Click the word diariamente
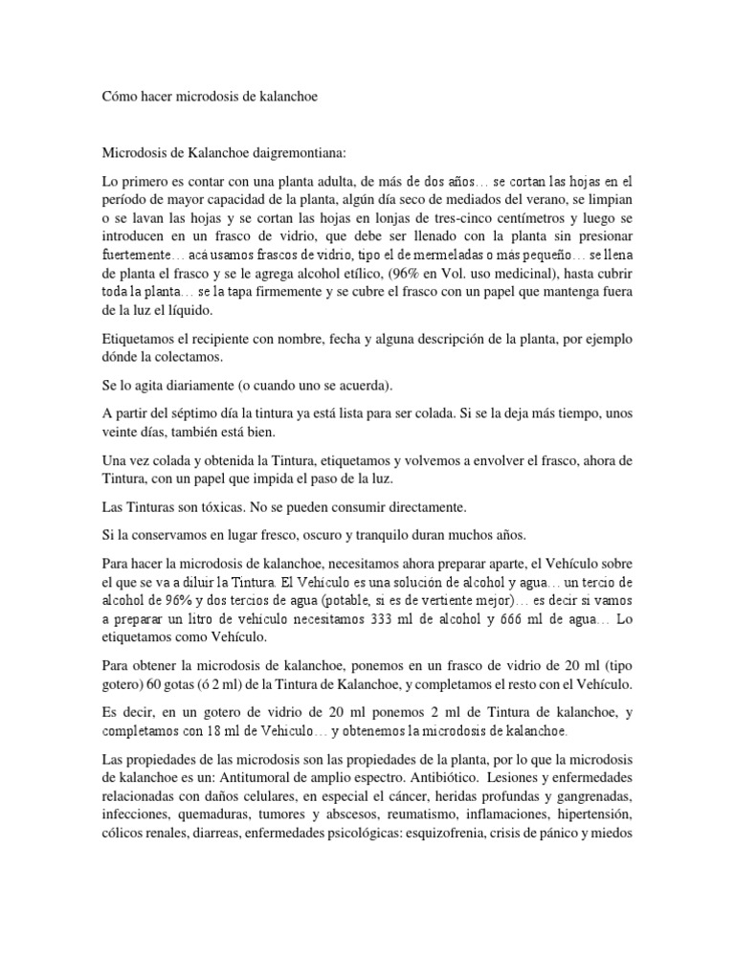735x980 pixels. [182, 385]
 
